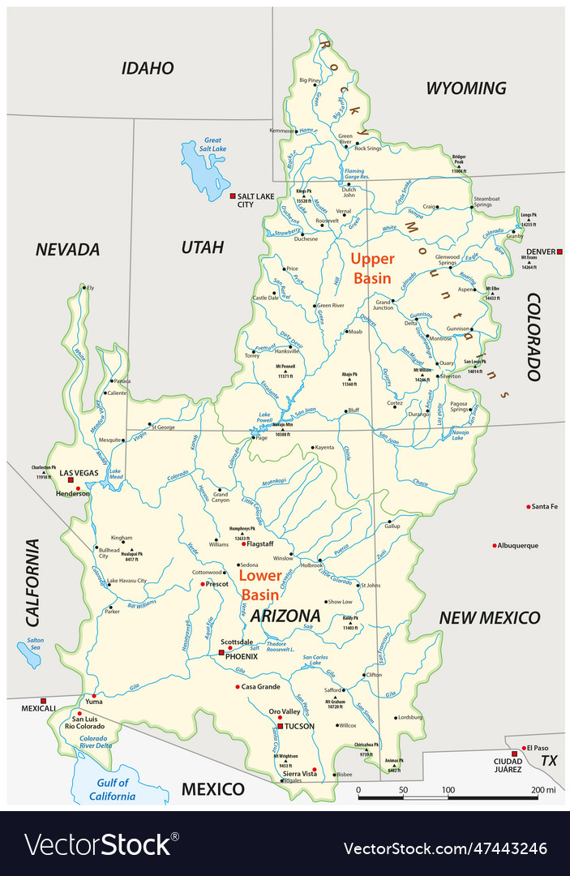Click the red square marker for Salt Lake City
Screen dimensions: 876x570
coord(233,196)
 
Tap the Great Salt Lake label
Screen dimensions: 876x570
coord(215,144)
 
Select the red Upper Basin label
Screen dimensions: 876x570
coord(372,268)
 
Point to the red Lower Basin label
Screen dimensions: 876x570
coord(260,584)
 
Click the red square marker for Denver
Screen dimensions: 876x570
coord(559,251)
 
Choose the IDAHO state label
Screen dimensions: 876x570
coord(148,68)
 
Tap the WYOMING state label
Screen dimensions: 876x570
coord(465,88)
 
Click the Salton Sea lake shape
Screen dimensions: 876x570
coord(29,654)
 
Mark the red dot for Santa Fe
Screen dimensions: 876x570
coord(529,506)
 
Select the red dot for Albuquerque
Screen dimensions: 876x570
coord(494,545)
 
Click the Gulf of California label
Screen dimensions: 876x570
coord(113,789)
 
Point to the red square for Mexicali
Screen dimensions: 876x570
coord(44,700)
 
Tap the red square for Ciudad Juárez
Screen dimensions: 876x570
coord(514,754)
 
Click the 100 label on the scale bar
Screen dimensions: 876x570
coord(448,789)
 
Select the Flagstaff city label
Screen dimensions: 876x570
coord(261,543)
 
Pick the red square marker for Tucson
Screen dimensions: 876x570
coord(280,726)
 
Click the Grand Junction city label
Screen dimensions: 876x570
coord(384,305)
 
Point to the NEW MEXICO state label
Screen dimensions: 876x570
coord(489,618)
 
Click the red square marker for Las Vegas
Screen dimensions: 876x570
coord(71,480)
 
